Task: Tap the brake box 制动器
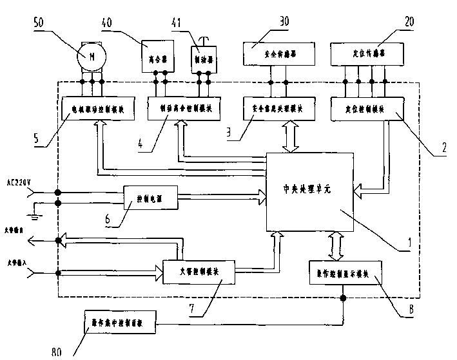coord(204,59)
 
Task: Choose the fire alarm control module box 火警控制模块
coord(190,269)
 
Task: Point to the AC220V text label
coord(17,184)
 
